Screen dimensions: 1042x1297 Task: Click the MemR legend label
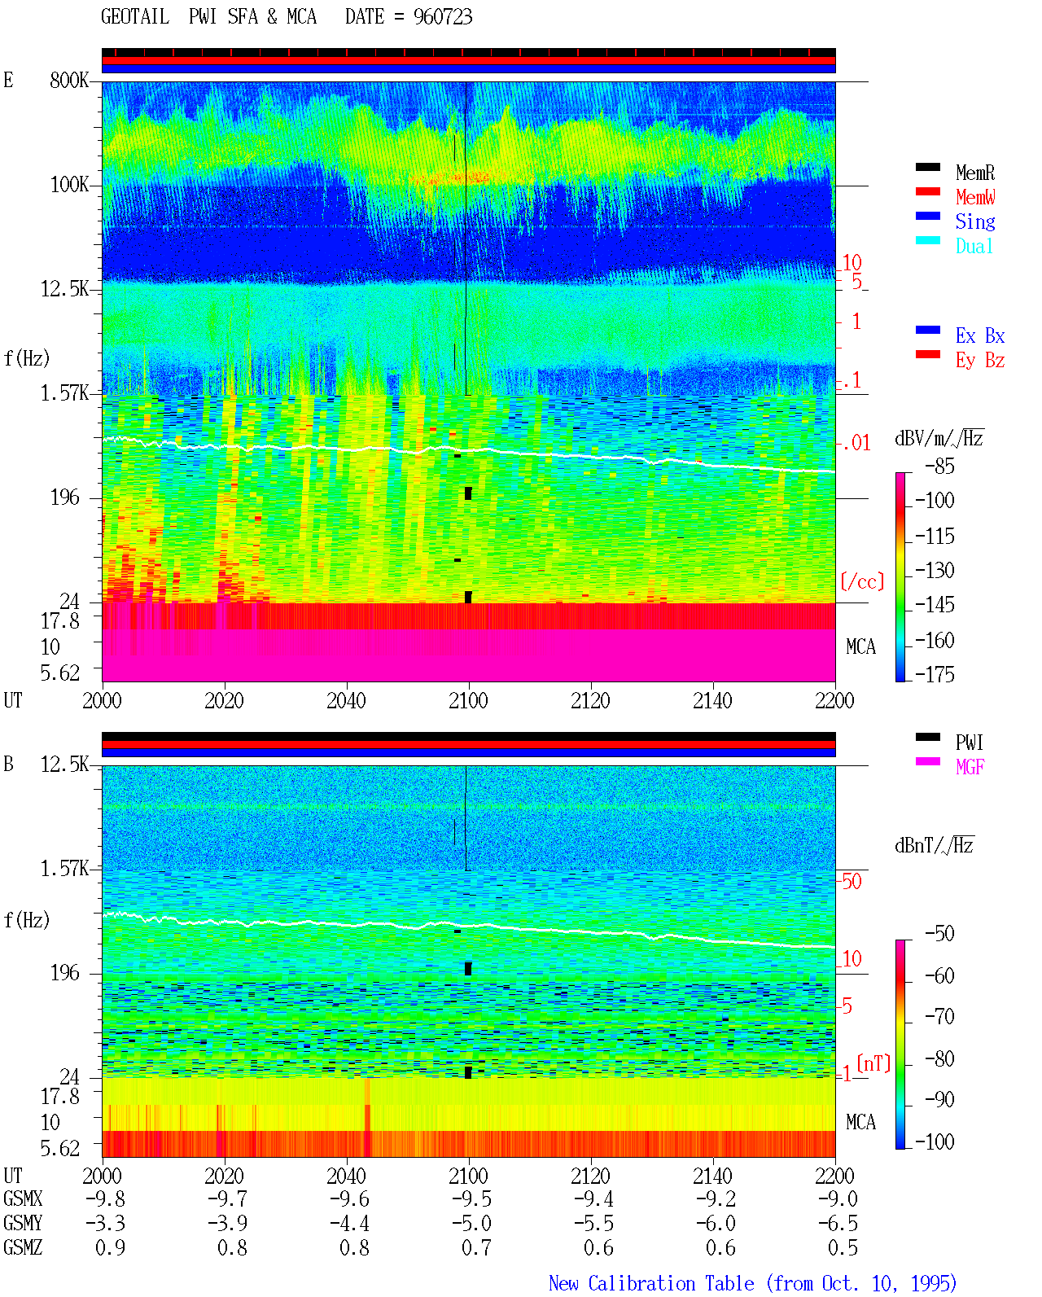coord(974,173)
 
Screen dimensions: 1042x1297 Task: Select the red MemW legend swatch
coord(927,191)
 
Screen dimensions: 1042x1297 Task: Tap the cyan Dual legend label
coord(974,246)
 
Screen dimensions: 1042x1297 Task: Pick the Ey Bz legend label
coord(979,360)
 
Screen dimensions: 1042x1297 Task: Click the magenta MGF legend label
coord(970,767)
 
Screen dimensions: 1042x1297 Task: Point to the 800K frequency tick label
coord(68,80)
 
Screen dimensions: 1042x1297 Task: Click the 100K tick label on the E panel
coord(69,185)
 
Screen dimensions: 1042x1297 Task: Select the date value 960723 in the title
coord(443,16)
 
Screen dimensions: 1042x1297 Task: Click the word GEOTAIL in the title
coord(135,16)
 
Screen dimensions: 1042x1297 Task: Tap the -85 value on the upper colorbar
coord(939,466)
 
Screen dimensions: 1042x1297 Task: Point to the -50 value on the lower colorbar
coord(939,933)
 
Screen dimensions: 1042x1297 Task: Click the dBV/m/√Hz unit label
coord(939,438)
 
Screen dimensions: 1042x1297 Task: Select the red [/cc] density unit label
coord(862,581)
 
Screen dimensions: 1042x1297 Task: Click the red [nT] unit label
coord(873,1063)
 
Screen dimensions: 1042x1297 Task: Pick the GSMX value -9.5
coord(472,1198)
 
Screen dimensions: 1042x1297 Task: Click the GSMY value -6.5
coord(838,1224)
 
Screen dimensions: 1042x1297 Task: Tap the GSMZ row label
coord(23,1247)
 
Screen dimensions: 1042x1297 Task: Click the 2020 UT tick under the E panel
coord(224,700)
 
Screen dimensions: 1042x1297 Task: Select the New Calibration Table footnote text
coord(753,1283)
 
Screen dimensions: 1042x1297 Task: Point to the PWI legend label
coord(970,742)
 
